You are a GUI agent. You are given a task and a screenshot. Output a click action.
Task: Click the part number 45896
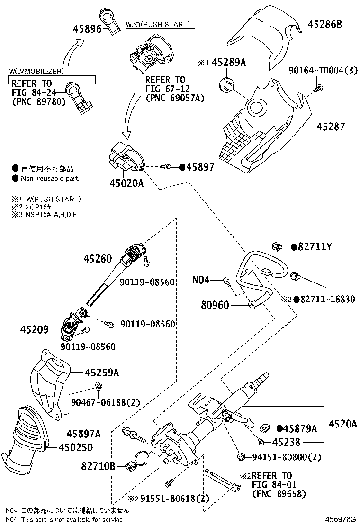tap(87, 28)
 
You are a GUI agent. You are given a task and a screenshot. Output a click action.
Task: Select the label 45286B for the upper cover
tap(325, 24)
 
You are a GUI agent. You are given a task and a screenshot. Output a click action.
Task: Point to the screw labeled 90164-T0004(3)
tap(319, 87)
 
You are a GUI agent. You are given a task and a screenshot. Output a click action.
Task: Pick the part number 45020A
tap(127, 183)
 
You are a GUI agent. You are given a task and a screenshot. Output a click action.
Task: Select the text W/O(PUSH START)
tap(158, 24)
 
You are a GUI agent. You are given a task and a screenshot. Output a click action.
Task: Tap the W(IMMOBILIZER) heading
tap(36, 71)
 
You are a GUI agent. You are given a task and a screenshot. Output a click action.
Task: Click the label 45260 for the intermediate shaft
tap(98, 259)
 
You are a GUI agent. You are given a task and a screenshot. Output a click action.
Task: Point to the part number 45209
tap(34, 328)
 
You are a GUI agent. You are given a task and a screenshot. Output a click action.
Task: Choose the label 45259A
tap(102, 373)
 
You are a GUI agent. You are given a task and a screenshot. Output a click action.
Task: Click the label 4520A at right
tap(342, 424)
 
